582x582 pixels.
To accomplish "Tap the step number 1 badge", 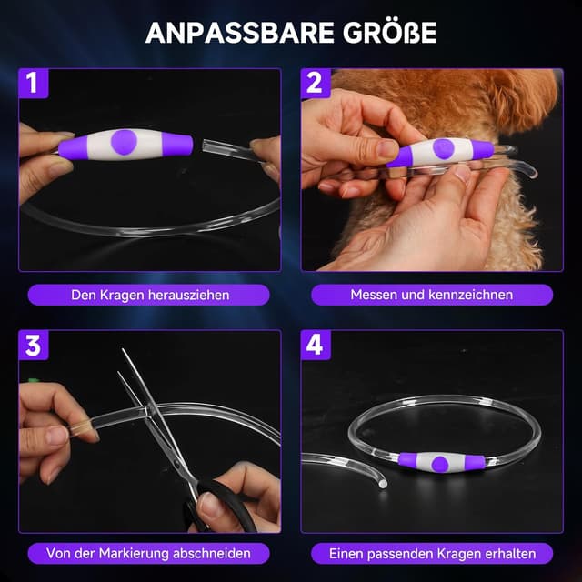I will point(32,84).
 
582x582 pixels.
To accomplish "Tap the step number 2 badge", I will point(315,84).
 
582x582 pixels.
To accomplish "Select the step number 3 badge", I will point(32,346).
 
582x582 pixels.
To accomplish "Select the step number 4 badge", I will point(315,346).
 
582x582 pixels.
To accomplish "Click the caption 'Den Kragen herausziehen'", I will point(150,295).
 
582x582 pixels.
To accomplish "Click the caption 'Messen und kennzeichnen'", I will point(432,295).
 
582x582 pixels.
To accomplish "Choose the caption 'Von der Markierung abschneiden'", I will point(150,553).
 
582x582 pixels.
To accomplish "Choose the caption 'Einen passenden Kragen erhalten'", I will point(432,553).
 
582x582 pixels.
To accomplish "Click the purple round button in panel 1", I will point(125,141).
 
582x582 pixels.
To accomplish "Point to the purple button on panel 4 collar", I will point(440,463).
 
